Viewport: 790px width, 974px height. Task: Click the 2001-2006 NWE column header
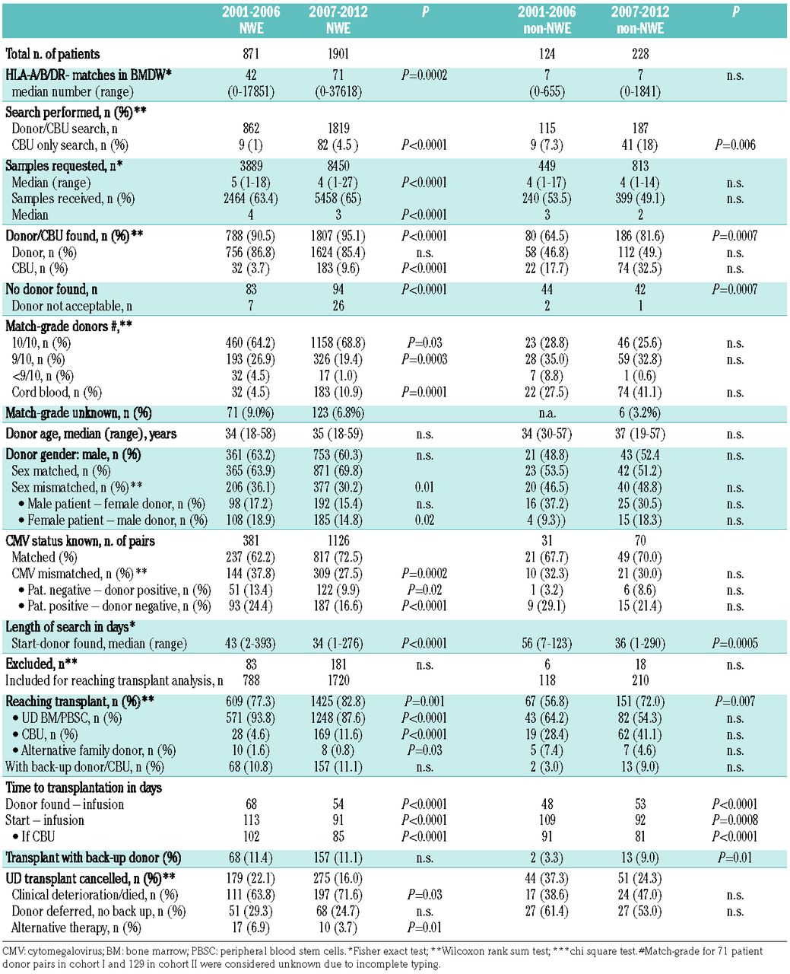(251, 21)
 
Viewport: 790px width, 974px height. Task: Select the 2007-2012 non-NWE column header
(640, 21)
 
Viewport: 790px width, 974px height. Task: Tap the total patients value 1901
(338, 54)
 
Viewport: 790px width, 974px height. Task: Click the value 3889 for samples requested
(251, 166)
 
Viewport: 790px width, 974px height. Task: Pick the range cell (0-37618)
(338, 91)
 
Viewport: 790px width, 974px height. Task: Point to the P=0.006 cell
(734, 145)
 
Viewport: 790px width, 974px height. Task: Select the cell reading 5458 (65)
(338, 199)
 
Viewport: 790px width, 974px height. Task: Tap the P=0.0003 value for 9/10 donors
(426, 359)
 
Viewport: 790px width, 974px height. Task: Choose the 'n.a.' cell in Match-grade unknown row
(547, 413)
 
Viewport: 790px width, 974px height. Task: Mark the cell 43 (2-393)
(251, 644)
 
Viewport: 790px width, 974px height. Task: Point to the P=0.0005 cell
(734, 644)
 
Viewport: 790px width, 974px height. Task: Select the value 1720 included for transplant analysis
(338, 680)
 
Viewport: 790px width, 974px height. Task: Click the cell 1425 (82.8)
(338, 702)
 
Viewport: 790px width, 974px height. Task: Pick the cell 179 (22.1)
(251, 878)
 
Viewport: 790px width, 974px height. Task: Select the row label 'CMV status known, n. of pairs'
(80, 541)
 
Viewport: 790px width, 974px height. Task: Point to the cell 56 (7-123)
(547, 644)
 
